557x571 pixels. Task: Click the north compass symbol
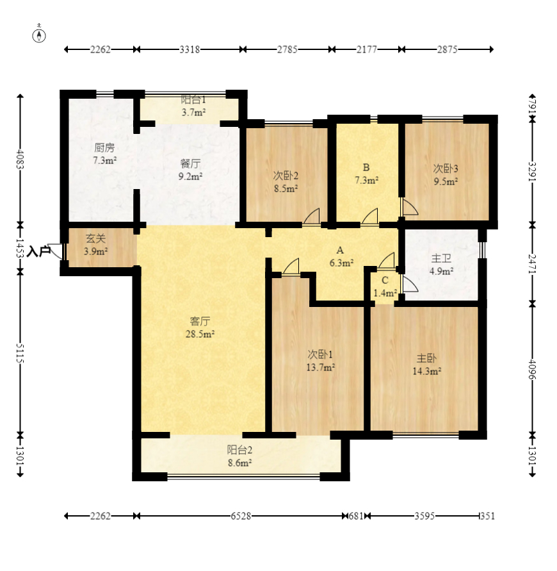tap(39, 35)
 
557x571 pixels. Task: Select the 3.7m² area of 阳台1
tap(194, 112)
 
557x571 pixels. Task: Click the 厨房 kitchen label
tap(104, 147)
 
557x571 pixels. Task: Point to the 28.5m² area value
tap(200, 334)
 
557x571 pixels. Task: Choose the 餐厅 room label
tap(190, 163)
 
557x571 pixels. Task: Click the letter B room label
tap(366, 167)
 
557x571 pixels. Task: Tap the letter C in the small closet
tap(385, 280)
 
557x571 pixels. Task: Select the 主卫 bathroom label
tap(441, 258)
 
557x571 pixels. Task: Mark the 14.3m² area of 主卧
tap(427, 371)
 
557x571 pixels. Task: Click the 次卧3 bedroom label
tap(446, 169)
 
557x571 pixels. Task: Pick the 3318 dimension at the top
tap(190, 49)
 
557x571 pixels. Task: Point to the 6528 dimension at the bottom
tap(241, 516)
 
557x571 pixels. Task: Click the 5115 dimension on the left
tap(20, 353)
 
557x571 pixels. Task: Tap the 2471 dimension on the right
tap(532, 264)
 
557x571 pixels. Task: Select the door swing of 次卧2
tap(311, 216)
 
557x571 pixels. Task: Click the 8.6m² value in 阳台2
tap(240, 463)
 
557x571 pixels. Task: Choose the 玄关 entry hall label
tap(95, 238)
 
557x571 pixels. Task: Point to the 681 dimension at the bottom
tap(356, 516)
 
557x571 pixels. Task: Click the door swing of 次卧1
tap(291, 266)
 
